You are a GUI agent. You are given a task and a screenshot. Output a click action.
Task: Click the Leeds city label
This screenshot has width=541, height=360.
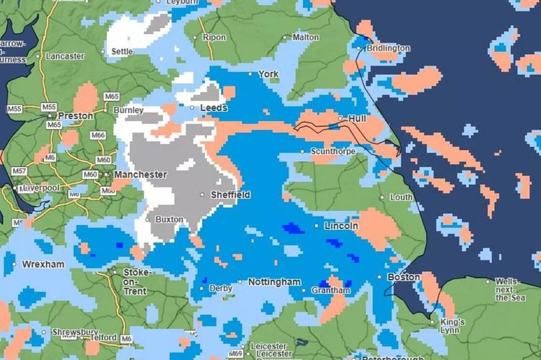tap(214, 108)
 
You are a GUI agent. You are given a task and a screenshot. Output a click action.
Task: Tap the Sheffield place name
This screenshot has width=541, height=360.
tap(230, 194)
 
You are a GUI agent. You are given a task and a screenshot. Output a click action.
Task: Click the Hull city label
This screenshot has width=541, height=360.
tap(357, 118)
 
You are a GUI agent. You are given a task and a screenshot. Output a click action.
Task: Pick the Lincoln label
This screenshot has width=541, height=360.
tap(341, 226)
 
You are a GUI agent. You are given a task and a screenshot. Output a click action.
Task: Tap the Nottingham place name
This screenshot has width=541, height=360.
tap(274, 283)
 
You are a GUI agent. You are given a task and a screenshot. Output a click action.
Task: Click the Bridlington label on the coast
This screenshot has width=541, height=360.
tap(387, 48)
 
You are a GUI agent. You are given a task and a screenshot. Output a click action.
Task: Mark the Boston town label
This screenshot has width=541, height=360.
tap(403, 277)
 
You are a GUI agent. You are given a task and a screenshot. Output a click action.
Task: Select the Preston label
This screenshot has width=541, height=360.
tap(75, 116)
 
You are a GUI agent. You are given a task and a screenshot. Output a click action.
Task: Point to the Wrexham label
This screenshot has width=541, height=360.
tap(43, 264)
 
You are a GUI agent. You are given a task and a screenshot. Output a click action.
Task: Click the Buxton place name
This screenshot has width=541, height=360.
tap(168, 219)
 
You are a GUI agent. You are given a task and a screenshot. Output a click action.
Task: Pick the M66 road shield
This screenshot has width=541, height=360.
tap(98, 136)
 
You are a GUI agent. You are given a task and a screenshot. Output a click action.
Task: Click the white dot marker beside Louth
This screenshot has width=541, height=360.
tap(382, 198)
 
